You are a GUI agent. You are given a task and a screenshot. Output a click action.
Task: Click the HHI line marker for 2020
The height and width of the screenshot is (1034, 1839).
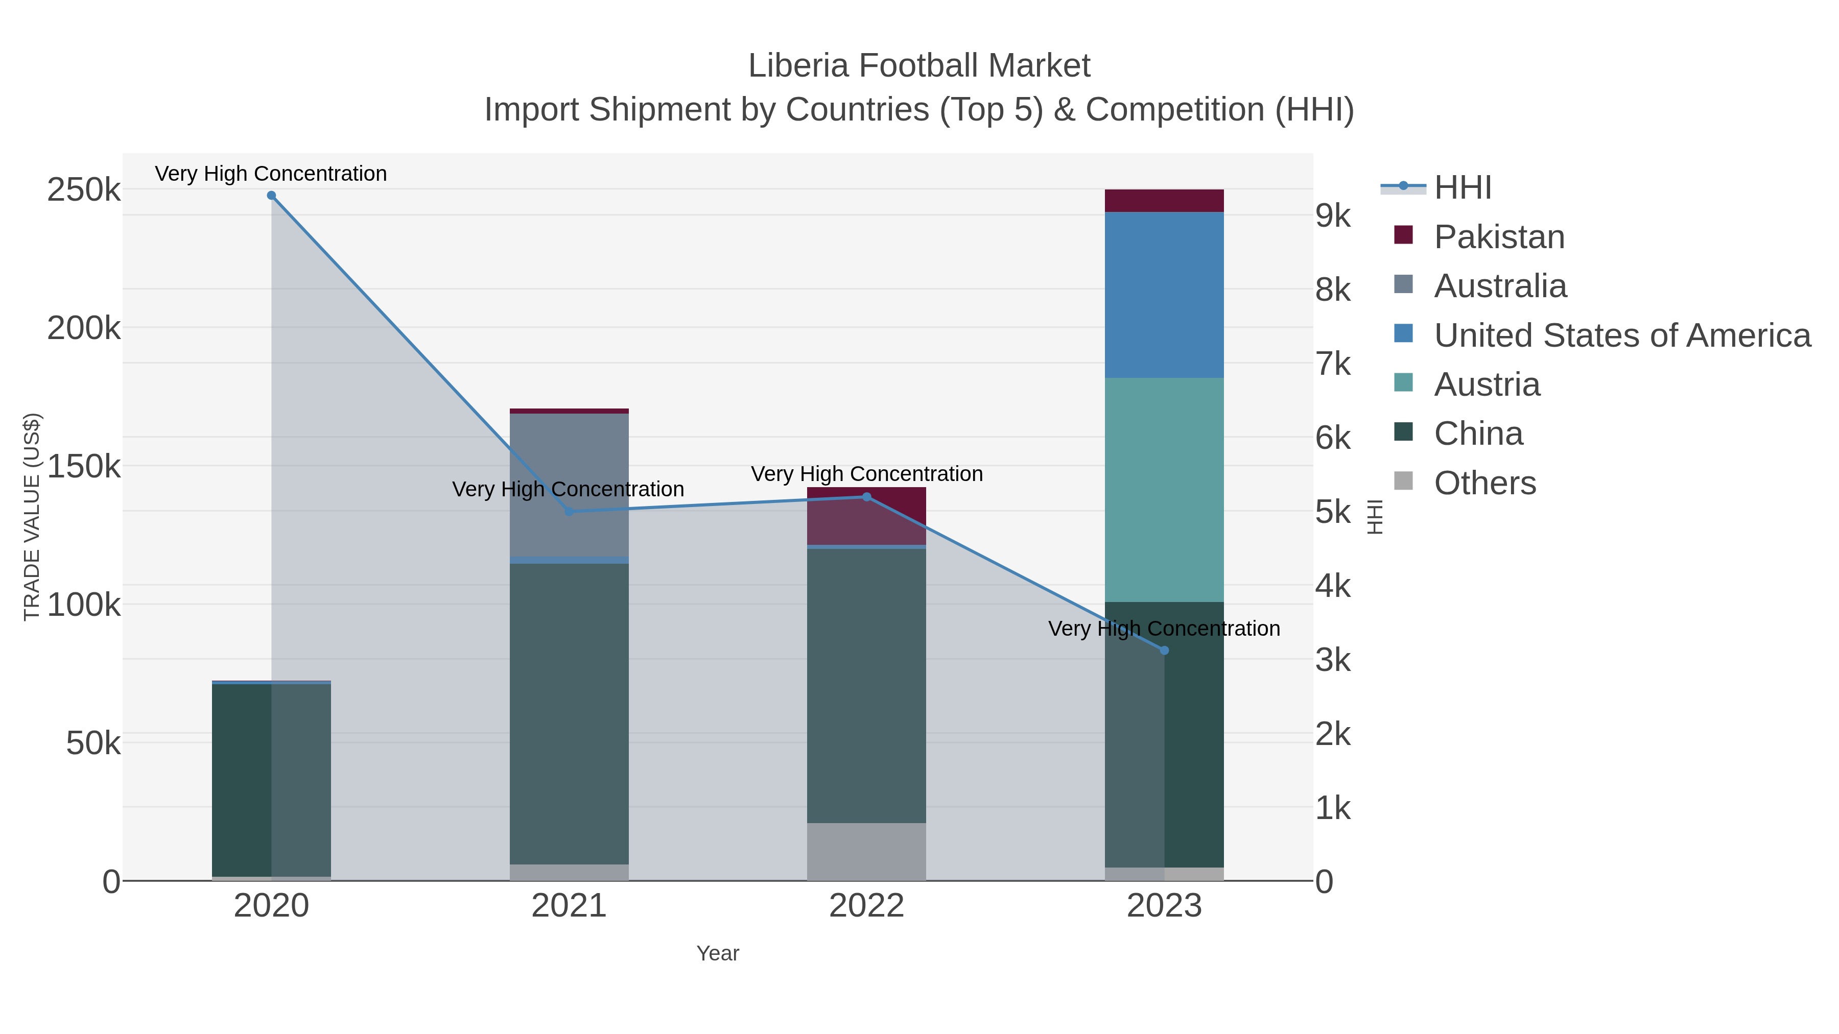[271, 196]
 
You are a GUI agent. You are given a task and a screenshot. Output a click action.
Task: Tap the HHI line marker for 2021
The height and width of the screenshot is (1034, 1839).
[569, 512]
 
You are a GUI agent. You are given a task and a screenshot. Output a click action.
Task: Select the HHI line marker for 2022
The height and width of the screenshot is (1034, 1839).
[867, 497]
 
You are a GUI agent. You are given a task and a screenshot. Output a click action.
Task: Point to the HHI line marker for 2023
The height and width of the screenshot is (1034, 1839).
[1164, 650]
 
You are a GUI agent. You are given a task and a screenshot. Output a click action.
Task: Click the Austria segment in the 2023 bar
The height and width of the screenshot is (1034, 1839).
[1164, 490]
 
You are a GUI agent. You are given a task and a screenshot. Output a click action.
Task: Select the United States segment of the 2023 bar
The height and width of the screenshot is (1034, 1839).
[1164, 295]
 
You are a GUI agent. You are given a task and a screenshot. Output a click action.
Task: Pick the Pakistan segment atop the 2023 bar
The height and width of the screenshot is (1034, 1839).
[1164, 201]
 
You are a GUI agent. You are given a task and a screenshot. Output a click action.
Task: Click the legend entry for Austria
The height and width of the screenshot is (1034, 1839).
[1487, 384]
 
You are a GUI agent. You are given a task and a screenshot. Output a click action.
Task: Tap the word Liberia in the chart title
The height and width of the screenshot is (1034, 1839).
[798, 66]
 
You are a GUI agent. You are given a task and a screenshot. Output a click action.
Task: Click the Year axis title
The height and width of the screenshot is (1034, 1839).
[718, 953]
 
